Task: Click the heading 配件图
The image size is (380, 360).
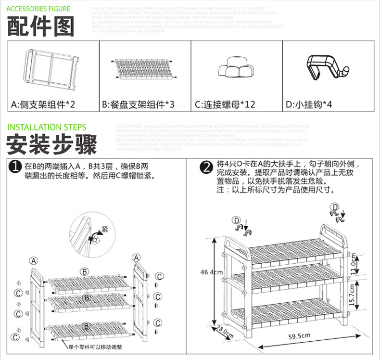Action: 40,26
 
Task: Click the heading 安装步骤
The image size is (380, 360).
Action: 52,144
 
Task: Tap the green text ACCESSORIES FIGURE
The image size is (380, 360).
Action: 38,9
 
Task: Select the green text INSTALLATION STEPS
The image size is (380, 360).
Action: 47,128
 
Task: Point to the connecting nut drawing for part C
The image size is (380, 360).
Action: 235,67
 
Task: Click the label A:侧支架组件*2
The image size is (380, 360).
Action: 43,104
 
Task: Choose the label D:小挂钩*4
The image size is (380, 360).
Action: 309,104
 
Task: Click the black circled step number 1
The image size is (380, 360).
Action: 15,167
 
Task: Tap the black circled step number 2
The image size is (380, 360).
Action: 207,167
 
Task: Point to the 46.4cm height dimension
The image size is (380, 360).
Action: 211,272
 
